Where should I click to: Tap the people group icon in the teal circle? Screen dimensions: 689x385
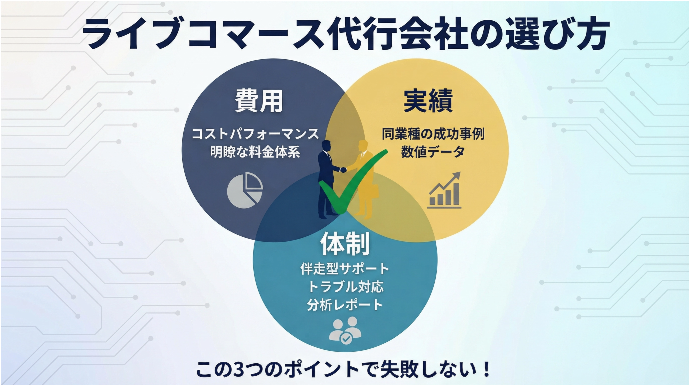(345, 330)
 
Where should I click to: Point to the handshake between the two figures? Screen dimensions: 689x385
(343, 169)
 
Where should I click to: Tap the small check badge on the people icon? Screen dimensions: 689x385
(346, 339)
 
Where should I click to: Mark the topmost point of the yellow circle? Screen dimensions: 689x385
(416, 58)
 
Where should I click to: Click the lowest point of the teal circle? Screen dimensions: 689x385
(345, 352)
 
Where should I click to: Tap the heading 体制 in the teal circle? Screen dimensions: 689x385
(345, 244)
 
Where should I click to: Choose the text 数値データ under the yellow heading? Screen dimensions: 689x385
(433, 152)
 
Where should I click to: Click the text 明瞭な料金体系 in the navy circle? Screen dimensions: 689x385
(255, 152)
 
